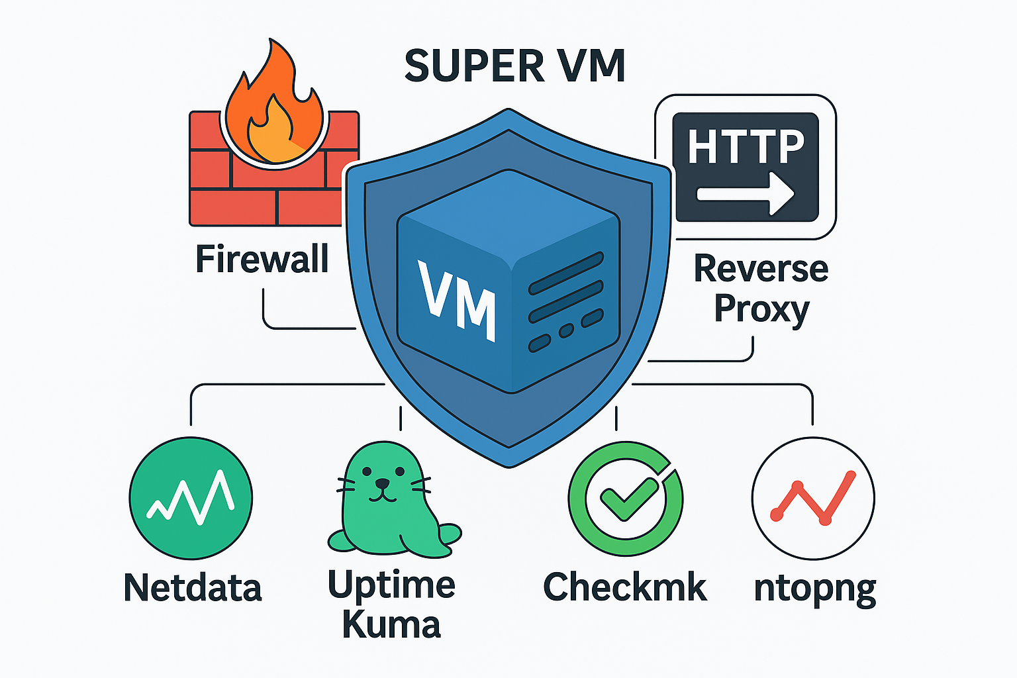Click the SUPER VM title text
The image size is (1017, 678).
[x=514, y=66]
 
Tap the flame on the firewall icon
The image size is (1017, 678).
[x=272, y=109]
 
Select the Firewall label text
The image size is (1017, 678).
[x=262, y=259]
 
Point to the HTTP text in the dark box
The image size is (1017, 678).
[x=746, y=146]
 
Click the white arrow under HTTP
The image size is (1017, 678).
[x=746, y=194]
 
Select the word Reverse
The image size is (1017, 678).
[x=761, y=269]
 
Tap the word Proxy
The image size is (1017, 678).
[x=761, y=309]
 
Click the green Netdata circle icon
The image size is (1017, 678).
[x=191, y=499]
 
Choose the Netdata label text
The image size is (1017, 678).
[x=193, y=587]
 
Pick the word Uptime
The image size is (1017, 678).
[x=391, y=585]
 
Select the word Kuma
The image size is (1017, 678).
[x=391, y=625]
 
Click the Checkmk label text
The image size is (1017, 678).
[x=624, y=587]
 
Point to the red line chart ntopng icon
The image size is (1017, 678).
[x=813, y=499]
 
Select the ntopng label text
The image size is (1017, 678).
[x=815, y=588]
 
